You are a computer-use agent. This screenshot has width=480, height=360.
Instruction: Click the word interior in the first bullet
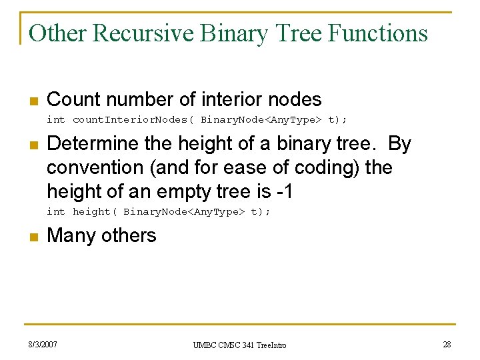coord(227,100)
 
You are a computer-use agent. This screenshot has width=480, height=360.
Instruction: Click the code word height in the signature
coord(91,212)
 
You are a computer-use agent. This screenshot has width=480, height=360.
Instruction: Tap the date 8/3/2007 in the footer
coord(42,345)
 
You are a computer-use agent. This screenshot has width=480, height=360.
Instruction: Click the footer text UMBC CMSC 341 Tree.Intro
coord(239,345)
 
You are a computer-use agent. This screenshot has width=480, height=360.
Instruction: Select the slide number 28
coord(447,345)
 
